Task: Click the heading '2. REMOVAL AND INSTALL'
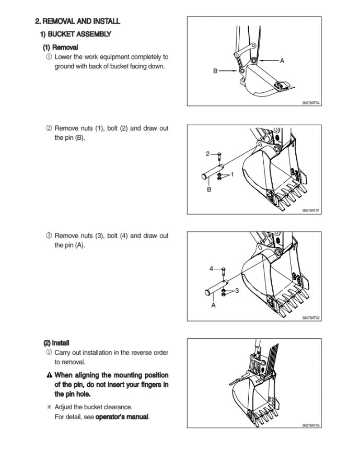(77, 21)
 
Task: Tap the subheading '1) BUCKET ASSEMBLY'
(76, 34)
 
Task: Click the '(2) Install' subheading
(57, 343)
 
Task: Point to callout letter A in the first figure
(282, 61)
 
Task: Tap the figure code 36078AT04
(310, 103)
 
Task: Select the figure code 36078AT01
(310, 210)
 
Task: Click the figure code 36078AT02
(310, 318)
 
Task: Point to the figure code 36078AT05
(310, 425)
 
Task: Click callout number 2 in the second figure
(207, 153)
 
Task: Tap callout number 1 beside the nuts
(233, 173)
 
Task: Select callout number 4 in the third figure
(211, 268)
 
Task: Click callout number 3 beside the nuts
(237, 291)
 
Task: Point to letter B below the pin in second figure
(209, 189)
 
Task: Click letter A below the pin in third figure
(213, 305)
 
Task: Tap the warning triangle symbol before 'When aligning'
(49, 375)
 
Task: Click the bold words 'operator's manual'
(122, 417)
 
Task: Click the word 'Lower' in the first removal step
(64, 57)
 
